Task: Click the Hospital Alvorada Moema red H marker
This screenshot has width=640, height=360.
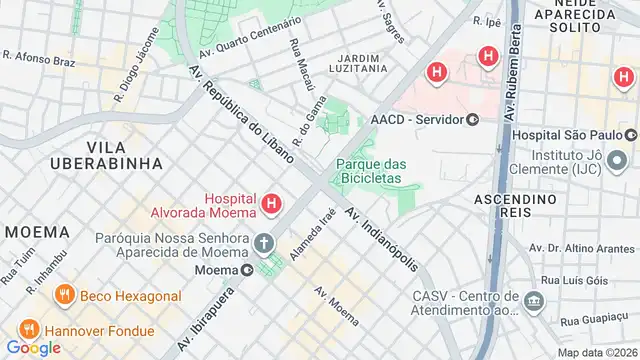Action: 271,206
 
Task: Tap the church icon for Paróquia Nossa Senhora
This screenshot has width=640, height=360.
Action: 264,243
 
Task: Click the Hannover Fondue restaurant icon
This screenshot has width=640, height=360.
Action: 28,327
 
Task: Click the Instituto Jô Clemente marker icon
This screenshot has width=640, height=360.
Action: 618,159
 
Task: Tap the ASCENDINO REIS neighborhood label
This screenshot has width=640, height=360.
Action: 514,208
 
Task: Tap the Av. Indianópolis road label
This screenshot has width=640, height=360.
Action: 383,239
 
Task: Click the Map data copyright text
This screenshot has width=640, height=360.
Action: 597,352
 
